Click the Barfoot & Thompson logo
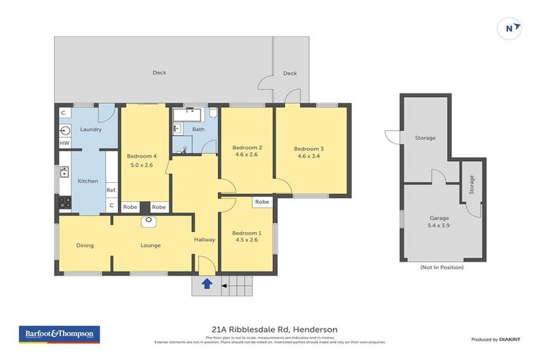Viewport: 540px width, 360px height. (x=59, y=334)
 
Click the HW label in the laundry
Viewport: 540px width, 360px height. (x=64, y=143)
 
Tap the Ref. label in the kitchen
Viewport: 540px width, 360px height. (x=111, y=190)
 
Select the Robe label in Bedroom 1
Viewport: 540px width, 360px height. (x=262, y=202)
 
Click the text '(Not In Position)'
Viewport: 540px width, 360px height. (x=442, y=267)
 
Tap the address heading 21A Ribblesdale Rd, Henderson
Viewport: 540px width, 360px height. (x=274, y=329)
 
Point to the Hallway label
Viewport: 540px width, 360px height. (x=205, y=240)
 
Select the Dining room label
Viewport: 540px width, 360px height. (x=84, y=245)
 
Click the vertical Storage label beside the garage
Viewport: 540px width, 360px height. (x=471, y=185)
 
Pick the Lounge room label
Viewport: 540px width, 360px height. (x=150, y=245)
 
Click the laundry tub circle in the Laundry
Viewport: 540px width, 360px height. (x=65, y=129)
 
